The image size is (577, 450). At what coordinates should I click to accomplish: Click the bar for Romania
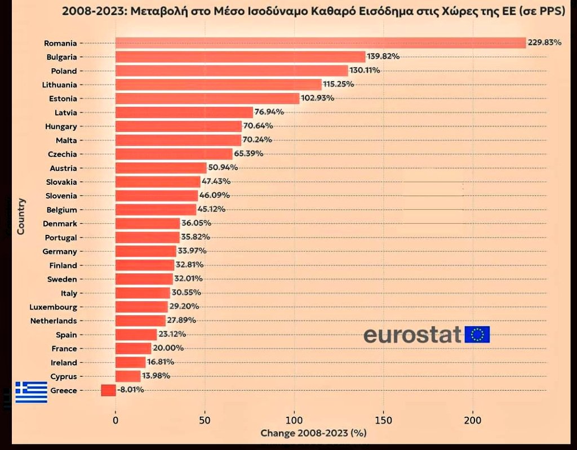click(x=320, y=43)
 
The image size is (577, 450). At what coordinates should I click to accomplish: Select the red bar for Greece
click(x=108, y=390)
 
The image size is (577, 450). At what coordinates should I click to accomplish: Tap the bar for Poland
click(x=232, y=70)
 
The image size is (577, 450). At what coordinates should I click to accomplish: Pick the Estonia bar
click(x=207, y=98)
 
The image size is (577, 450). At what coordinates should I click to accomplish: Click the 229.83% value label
click(x=544, y=43)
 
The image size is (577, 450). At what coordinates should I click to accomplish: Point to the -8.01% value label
click(x=131, y=390)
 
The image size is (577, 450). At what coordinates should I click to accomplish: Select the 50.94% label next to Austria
click(x=223, y=168)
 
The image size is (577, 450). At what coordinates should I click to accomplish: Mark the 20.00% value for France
click(x=168, y=349)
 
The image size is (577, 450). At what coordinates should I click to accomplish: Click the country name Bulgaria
click(x=61, y=57)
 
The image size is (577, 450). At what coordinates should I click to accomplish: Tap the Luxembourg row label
click(x=53, y=307)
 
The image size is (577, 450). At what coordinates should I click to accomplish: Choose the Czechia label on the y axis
click(x=62, y=154)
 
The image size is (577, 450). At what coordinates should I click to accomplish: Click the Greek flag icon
click(x=31, y=392)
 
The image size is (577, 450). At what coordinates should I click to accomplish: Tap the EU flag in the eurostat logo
click(x=477, y=335)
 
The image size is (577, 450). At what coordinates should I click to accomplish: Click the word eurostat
click(x=412, y=335)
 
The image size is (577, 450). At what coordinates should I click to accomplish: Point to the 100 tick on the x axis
click(x=294, y=420)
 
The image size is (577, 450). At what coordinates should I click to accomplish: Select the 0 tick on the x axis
click(x=116, y=420)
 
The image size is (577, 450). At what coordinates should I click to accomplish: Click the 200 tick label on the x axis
click(x=472, y=420)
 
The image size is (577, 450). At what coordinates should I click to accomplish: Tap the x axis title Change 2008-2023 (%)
click(x=313, y=433)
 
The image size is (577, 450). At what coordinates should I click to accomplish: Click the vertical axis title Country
click(x=21, y=216)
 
